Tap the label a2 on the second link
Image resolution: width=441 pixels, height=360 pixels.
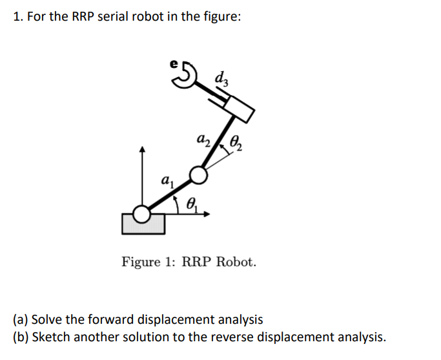tap(203, 140)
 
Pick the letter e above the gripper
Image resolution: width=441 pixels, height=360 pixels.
tap(172, 63)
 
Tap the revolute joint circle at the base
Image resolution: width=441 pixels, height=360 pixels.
tap(142, 215)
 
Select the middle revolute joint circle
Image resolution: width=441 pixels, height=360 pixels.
tap(198, 175)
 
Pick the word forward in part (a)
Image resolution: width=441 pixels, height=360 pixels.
tap(92, 319)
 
